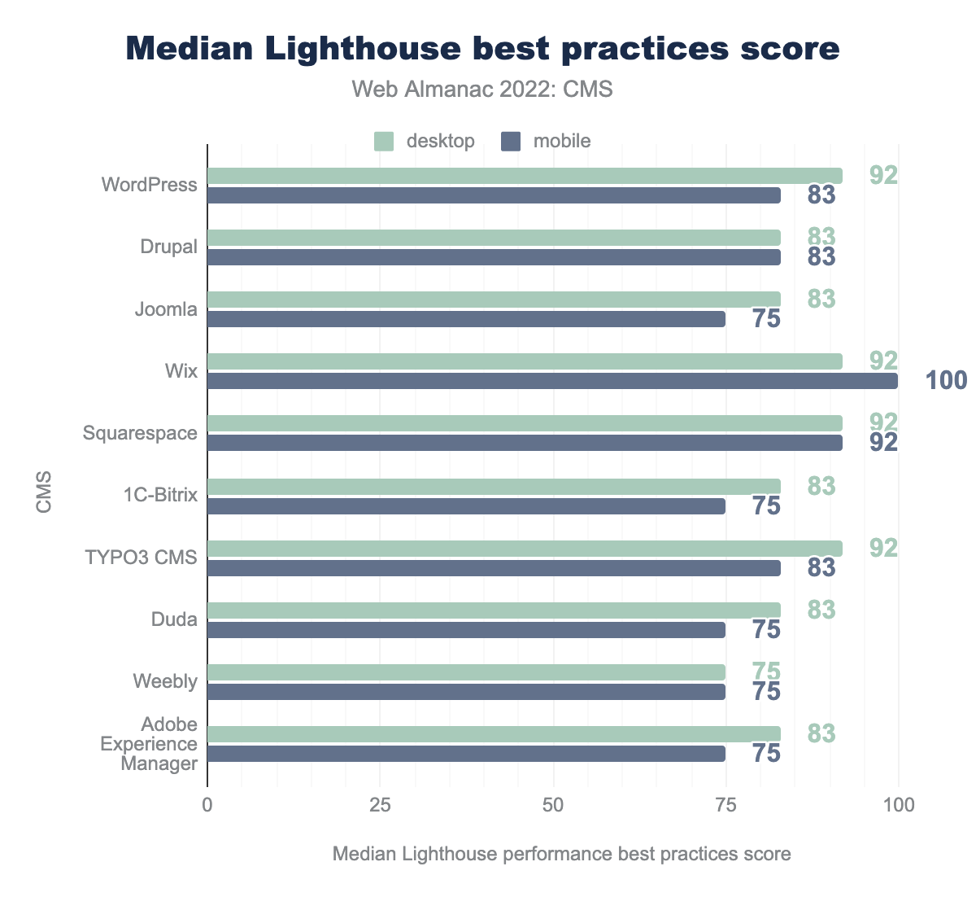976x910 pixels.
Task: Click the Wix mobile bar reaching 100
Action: point(553,381)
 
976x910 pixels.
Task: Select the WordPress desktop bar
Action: point(525,176)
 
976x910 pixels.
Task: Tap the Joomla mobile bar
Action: point(466,319)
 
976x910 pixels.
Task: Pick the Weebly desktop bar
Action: point(466,672)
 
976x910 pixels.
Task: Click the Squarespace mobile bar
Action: point(525,443)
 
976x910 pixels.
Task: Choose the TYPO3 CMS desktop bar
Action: point(525,549)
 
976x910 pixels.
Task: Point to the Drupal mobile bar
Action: point(494,257)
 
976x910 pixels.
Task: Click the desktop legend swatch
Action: point(384,141)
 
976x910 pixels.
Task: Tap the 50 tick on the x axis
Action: point(553,805)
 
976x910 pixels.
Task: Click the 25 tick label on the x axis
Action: point(381,805)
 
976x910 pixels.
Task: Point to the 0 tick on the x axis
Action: point(207,805)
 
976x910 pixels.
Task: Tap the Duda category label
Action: point(174,619)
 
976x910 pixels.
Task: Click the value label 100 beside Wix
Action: point(947,380)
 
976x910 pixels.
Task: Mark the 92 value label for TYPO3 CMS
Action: point(883,548)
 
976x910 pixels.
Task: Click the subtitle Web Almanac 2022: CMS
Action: point(482,90)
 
